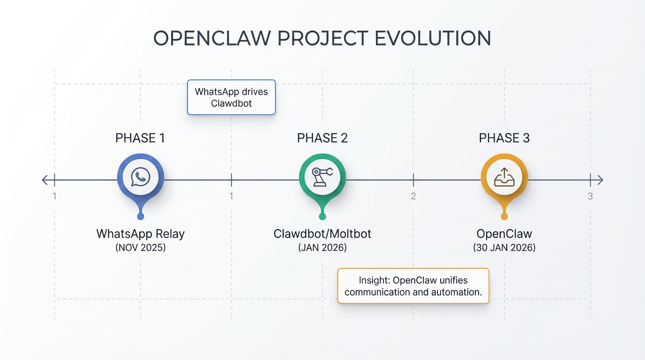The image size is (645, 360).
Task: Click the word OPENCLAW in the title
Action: [212, 38]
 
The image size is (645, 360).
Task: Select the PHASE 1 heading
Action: [140, 138]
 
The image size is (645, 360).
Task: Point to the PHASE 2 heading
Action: [322, 138]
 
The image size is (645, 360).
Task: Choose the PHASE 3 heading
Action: [504, 138]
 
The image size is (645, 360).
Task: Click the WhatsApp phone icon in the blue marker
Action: [140, 177]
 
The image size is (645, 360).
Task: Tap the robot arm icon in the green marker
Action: [322, 177]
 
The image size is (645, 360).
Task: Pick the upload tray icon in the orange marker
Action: [504, 177]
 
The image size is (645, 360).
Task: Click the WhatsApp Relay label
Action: [140, 233]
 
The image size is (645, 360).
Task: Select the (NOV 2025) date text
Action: [140, 247]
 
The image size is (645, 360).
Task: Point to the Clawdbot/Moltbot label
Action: [322, 233]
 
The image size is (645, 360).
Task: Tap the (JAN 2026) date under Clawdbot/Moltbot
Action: [322, 247]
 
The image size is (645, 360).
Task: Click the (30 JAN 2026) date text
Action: [504, 247]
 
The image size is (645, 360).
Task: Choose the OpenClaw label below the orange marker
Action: [504, 233]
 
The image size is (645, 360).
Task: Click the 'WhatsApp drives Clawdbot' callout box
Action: [231, 97]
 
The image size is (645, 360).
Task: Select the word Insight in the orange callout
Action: [374, 280]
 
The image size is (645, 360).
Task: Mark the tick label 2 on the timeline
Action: [413, 196]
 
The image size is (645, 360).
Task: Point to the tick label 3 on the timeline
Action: [590, 196]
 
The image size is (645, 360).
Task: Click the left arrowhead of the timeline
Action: [45, 180]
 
